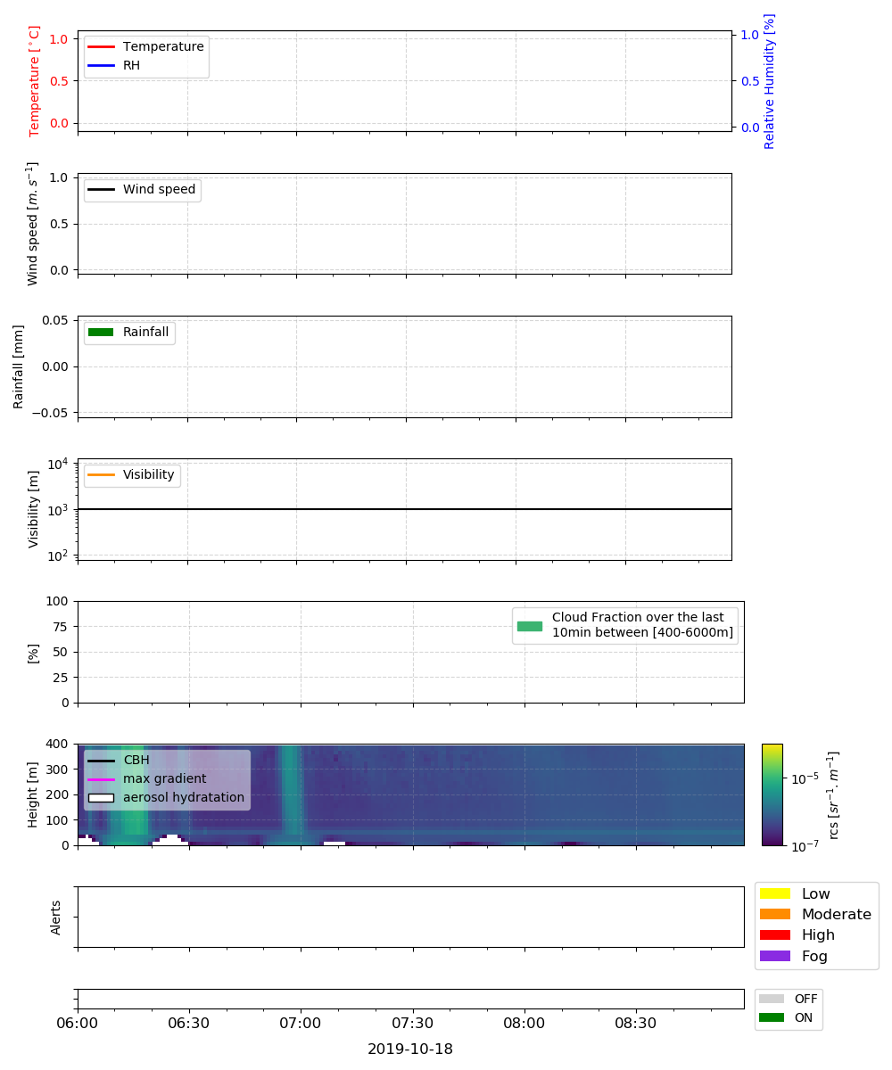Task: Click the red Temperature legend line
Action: click(101, 46)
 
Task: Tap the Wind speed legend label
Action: click(159, 189)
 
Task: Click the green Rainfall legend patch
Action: click(101, 332)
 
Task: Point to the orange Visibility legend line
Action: click(101, 474)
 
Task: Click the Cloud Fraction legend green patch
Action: click(530, 626)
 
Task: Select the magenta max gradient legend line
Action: click(101, 779)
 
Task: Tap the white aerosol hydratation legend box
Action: click(101, 798)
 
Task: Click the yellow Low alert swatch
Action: click(774, 893)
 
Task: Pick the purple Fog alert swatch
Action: click(774, 956)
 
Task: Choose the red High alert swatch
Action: click(774, 935)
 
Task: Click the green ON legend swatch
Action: click(771, 1017)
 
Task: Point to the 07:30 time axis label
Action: click(412, 1024)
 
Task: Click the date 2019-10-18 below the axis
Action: click(410, 1049)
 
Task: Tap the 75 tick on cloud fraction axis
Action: click(60, 627)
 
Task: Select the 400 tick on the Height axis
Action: click(56, 744)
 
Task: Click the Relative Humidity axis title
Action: click(769, 81)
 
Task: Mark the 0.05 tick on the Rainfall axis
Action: click(54, 320)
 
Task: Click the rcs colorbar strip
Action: click(772, 794)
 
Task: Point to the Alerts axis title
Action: click(55, 918)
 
